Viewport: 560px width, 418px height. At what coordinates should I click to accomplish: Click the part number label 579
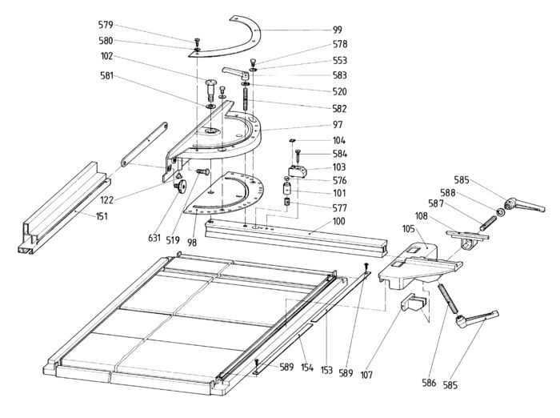pyautogui.click(x=106, y=25)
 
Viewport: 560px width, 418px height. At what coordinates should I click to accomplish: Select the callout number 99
pyautogui.click(x=337, y=30)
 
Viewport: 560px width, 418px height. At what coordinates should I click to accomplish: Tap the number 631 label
pyautogui.click(x=154, y=238)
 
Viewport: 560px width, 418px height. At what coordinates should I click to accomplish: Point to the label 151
pyautogui.click(x=102, y=216)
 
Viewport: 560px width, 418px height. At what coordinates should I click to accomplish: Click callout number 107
pyautogui.click(x=366, y=375)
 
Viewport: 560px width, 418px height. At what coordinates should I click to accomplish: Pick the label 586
pyautogui.click(x=429, y=383)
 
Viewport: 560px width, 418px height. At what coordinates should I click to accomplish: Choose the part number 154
pyautogui.click(x=306, y=368)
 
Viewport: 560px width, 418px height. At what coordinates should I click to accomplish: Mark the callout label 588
pyautogui.click(x=447, y=193)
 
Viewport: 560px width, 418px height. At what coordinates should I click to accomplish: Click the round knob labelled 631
pyautogui.click(x=181, y=186)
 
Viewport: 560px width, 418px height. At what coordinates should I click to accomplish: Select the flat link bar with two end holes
pyautogui.click(x=144, y=144)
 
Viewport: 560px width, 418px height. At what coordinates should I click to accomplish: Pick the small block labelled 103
pyautogui.click(x=298, y=171)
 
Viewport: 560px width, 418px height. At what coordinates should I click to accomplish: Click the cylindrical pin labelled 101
pyautogui.click(x=287, y=188)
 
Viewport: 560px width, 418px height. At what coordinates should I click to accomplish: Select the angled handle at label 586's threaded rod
pyautogui.click(x=477, y=318)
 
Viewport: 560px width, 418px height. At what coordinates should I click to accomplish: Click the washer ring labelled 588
pyautogui.click(x=499, y=212)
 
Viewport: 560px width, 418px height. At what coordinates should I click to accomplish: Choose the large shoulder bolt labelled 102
pyautogui.click(x=210, y=90)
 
